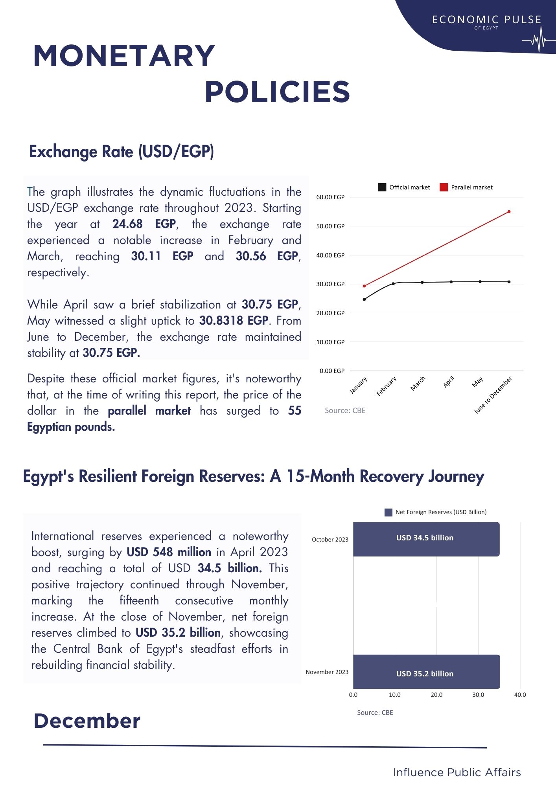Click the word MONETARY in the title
point(124,56)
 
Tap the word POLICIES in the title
point(277,92)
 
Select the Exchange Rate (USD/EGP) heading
point(122,152)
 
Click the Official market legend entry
point(404,187)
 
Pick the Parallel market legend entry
point(466,187)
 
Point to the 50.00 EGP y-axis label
point(330,226)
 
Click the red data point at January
point(364,286)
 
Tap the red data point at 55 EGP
point(509,212)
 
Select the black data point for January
point(364,299)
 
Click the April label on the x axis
point(449,382)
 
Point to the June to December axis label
point(493,395)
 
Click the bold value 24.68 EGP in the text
point(144,224)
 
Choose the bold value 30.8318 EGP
point(234,321)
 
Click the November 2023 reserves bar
point(426,672)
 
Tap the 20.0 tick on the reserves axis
point(436,695)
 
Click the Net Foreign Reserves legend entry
point(436,512)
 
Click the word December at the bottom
point(87,721)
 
